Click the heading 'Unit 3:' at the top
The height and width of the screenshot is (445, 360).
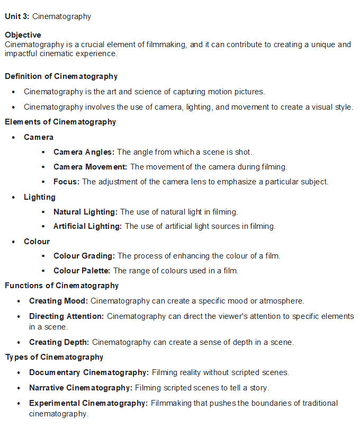click(x=17, y=16)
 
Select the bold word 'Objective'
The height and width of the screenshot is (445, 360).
click(x=23, y=35)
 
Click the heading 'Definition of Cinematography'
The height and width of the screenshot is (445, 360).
click(x=61, y=76)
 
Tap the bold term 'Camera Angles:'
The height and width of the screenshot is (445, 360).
click(x=84, y=152)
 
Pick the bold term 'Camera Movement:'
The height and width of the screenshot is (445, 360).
click(x=90, y=167)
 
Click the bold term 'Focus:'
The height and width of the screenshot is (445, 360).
click(x=66, y=182)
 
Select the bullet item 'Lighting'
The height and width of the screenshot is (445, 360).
click(x=39, y=197)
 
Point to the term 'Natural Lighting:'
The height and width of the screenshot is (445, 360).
click(x=85, y=212)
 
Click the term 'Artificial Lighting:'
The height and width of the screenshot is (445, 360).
click(x=87, y=226)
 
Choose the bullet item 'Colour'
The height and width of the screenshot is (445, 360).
click(x=37, y=242)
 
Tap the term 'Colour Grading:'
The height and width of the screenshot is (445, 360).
click(x=84, y=256)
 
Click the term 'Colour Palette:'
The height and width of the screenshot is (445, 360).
click(x=82, y=271)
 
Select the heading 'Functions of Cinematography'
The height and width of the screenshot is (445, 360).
click(x=61, y=286)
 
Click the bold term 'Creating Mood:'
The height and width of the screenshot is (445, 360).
click(x=58, y=301)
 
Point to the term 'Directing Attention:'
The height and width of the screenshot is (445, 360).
click(x=67, y=316)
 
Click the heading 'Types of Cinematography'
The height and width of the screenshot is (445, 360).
click(x=54, y=357)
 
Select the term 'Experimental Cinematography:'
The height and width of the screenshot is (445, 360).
click(x=88, y=403)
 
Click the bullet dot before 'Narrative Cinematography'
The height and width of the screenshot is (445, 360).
click(x=19, y=388)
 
